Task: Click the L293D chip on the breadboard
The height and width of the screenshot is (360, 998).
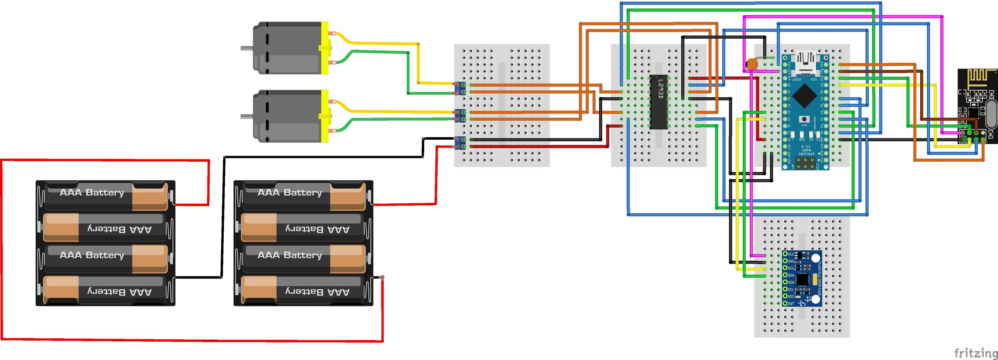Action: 659,102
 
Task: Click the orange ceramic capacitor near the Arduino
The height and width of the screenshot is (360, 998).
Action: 751,64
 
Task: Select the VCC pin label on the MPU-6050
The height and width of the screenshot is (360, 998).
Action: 790,254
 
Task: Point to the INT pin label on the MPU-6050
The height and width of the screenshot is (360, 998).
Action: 790,303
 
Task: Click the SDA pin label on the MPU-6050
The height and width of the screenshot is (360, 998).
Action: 790,275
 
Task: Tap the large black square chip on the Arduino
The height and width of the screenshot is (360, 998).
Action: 806,96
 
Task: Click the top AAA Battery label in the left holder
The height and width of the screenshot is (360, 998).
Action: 92,192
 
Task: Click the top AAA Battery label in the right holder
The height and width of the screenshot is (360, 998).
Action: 290,192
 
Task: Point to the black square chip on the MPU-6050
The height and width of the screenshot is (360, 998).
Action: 803,279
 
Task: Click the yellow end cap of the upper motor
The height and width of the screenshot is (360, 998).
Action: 325,48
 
